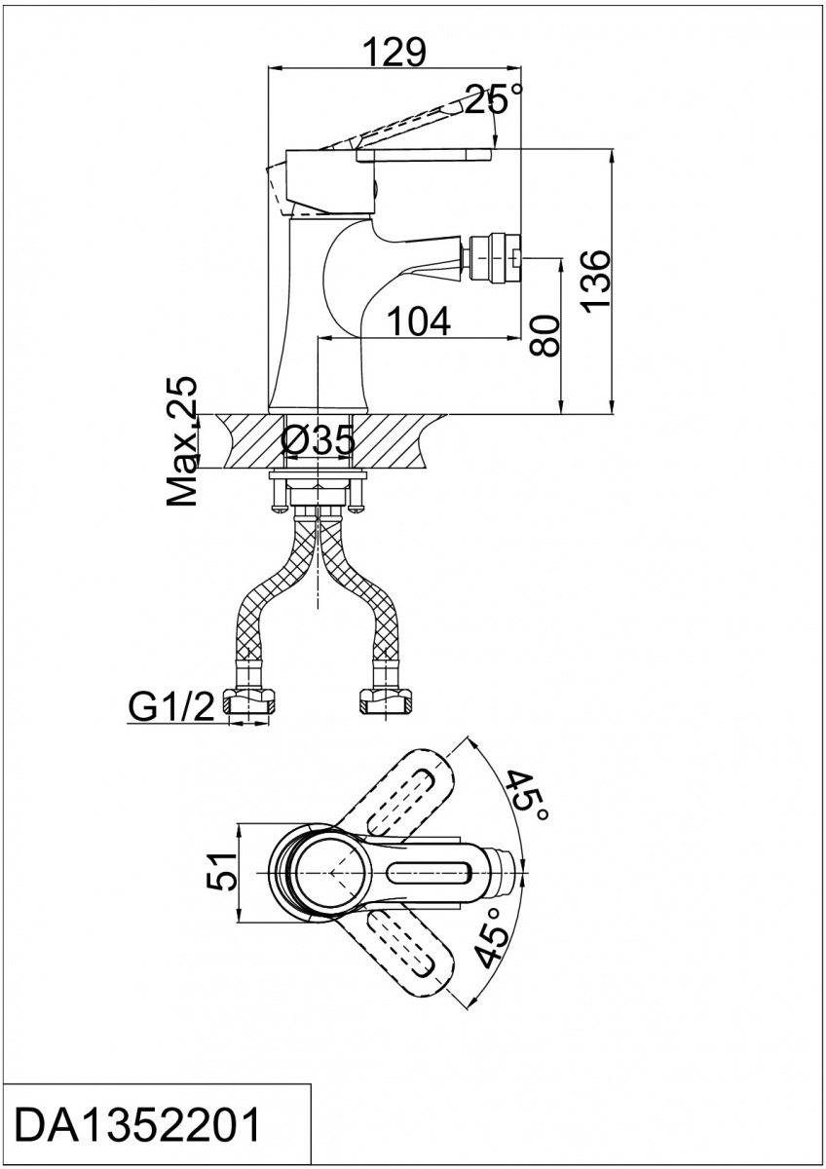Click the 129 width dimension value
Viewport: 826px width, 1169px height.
pyautogui.click(x=395, y=52)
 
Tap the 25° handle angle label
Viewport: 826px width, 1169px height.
pyautogui.click(x=493, y=98)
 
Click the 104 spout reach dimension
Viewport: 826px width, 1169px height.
pyautogui.click(x=419, y=321)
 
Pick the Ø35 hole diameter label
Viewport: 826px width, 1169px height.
pyautogui.click(x=318, y=441)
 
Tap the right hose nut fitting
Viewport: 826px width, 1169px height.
pyautogui.click(x=385, y=701)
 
